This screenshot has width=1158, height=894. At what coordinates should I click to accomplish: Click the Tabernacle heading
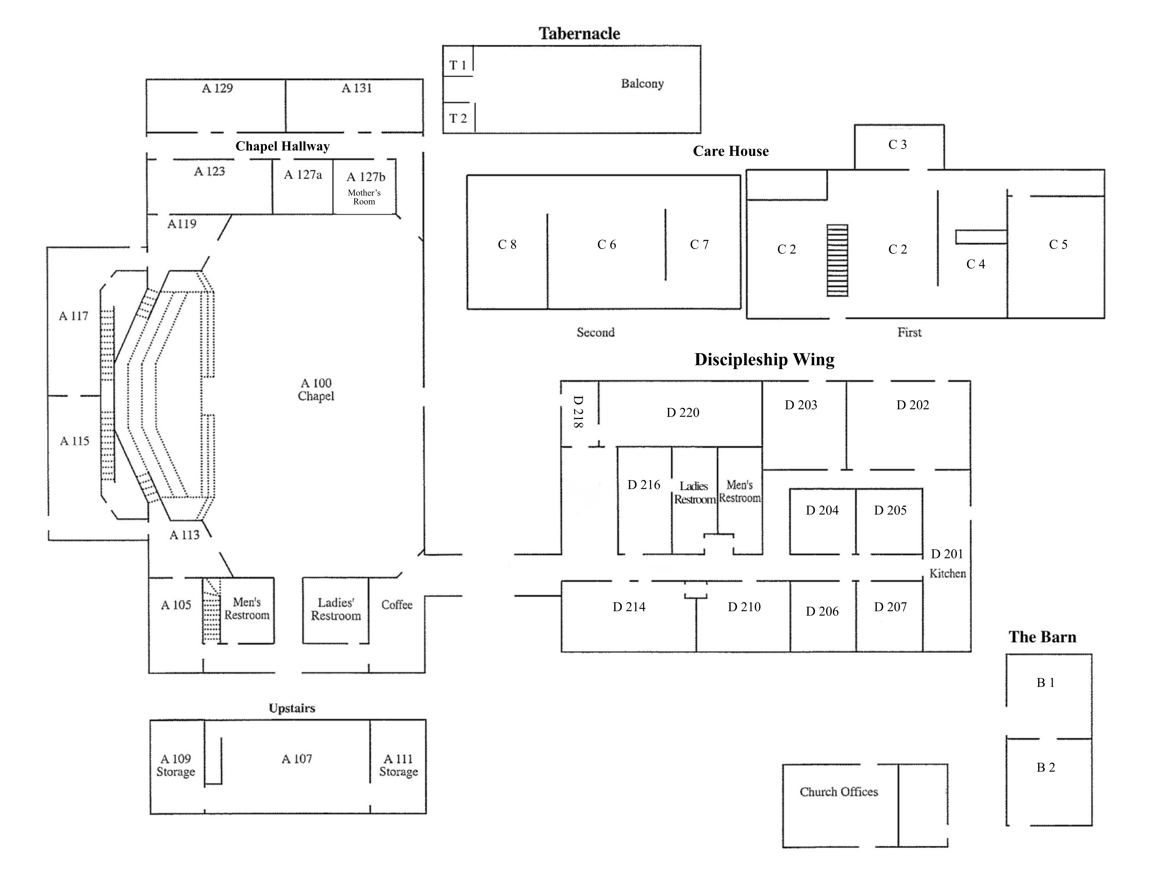click(579, 33)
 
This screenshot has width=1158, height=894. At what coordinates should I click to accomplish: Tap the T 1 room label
click(458, 65)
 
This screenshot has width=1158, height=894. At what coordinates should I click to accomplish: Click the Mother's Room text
click(364, 197)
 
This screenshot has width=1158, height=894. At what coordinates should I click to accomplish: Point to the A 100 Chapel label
click(316, 390)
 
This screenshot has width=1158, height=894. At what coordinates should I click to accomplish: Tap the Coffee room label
click(397, 605)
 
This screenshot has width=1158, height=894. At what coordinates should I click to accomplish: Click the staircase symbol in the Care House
click(837, 260)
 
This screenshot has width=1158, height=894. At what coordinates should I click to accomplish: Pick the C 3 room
click(898, 145)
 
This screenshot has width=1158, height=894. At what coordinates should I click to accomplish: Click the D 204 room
click(822, 510)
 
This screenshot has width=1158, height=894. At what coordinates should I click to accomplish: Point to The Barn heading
click(1042, 637)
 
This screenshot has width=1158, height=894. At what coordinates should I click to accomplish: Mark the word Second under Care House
click(595, 332)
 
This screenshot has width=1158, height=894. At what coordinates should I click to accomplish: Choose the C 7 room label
click(699, 244)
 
